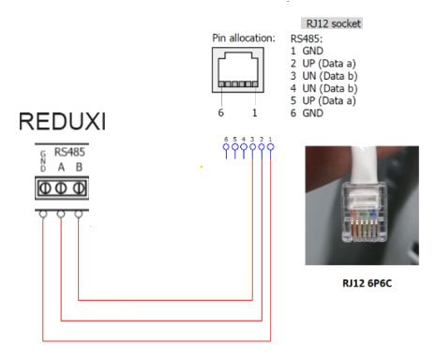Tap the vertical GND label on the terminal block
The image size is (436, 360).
pyautogui.click(x=42, y=159)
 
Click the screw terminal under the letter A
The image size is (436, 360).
pyautogui.click(x=61, y=187)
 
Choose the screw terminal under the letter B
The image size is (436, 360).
pyautogui.click(x=79, y=187)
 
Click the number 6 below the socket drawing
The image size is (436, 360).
pyautogui.click(x=222, y=110)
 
